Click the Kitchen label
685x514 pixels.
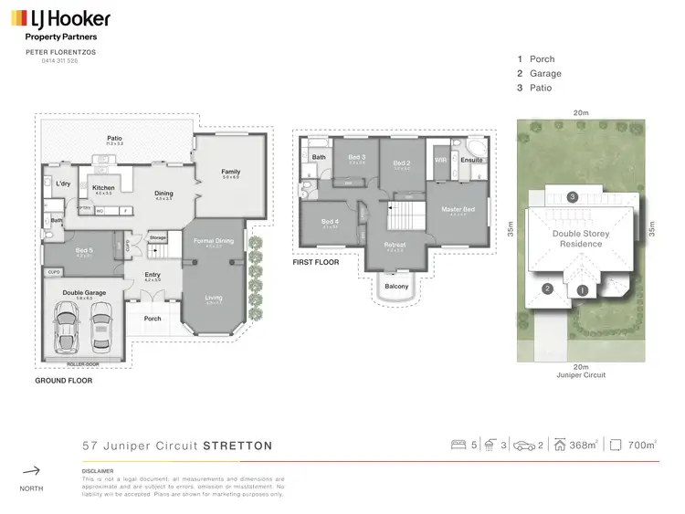point(103,187)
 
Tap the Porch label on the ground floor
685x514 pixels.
point(152,320)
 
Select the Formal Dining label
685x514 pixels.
point(214,240)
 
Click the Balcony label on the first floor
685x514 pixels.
point(396,287)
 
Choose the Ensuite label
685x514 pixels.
point(471,161)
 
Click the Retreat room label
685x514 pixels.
point(395,245)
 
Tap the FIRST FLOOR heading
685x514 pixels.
point(316,261)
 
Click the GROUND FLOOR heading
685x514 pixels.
point(63,380)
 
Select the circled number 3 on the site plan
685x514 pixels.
point(572,196)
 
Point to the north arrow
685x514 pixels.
point(31,471)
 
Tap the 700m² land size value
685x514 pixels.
point(642,446)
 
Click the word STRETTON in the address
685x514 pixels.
point(237,446)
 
